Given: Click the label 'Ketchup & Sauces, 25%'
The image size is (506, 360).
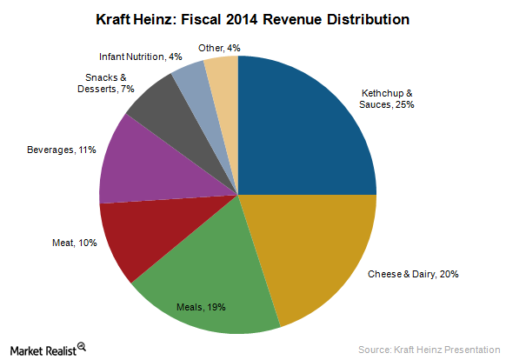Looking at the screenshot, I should [411, 97].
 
